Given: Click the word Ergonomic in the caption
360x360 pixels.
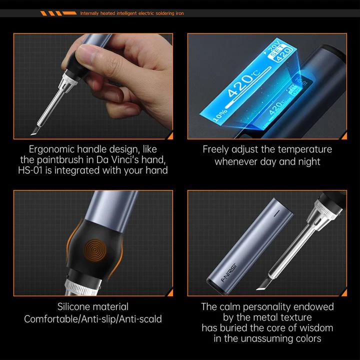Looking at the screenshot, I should tap(52, 149).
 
